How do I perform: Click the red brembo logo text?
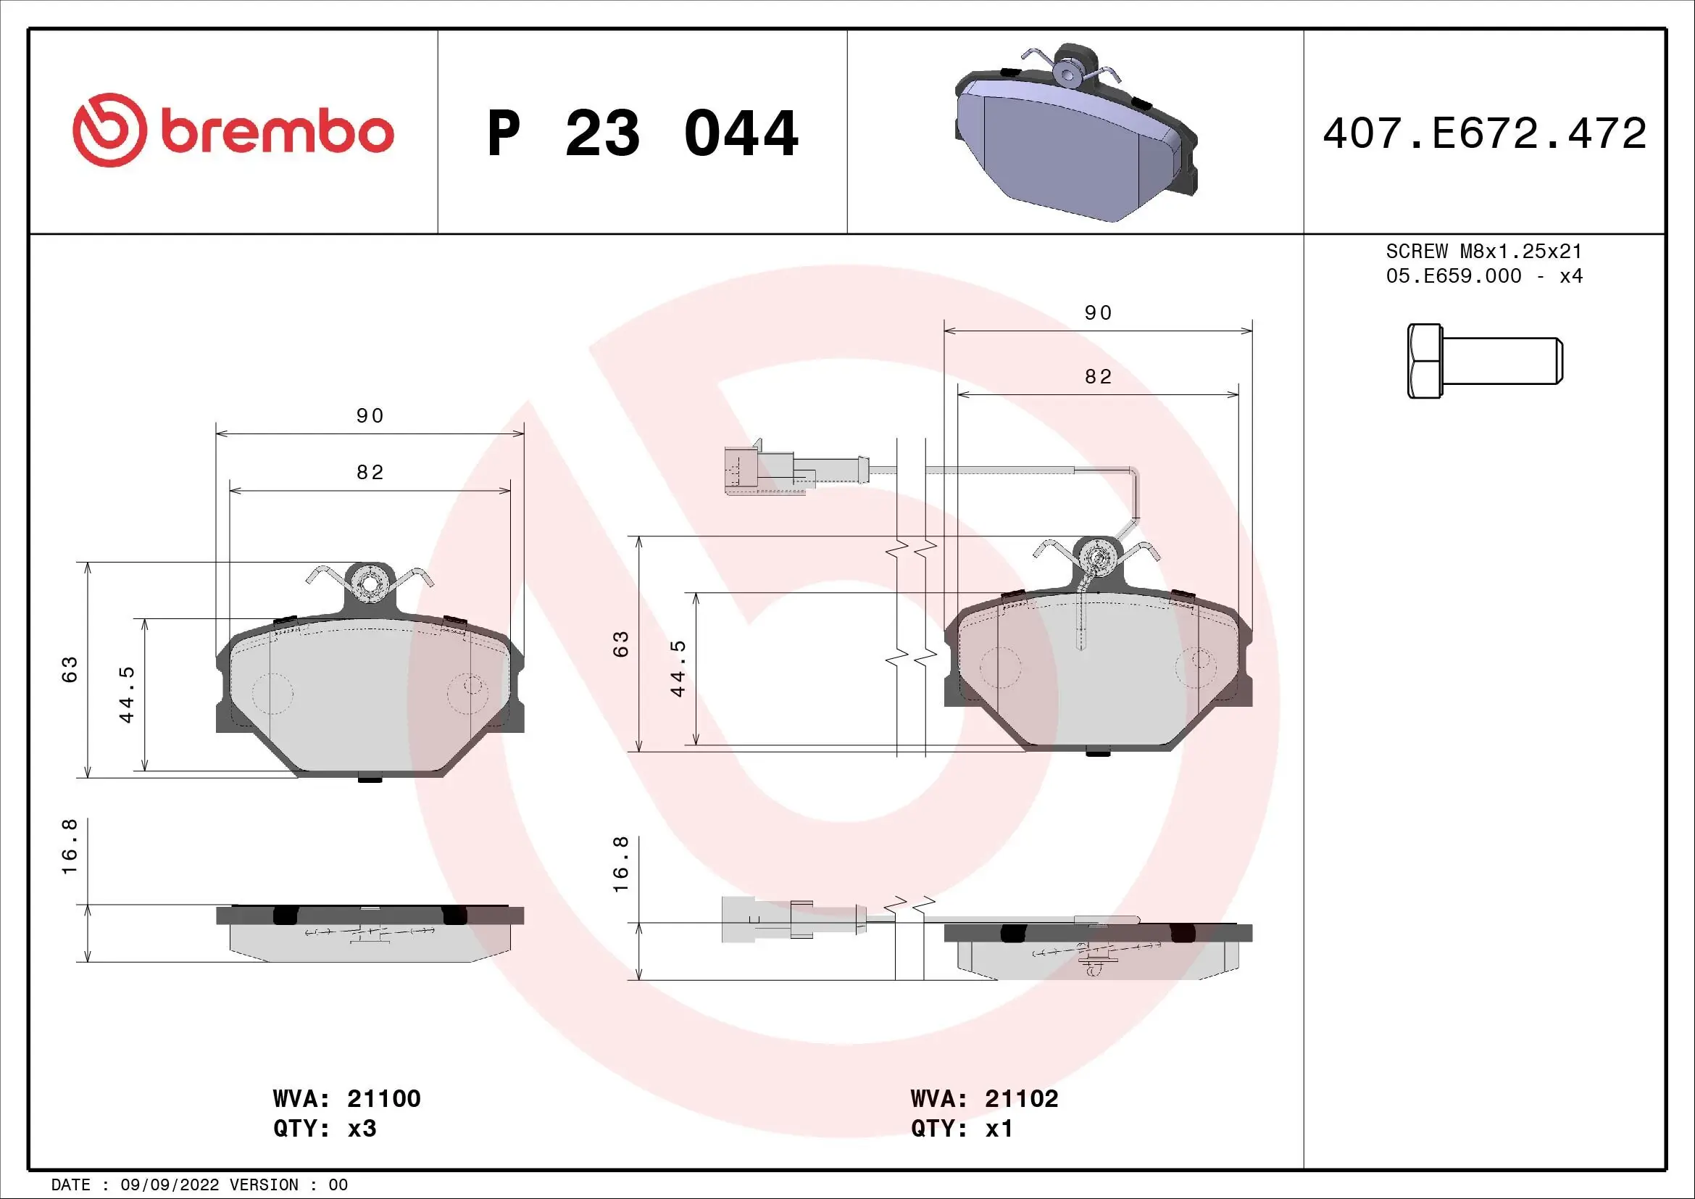tap(278, 133)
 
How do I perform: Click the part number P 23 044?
tap(642, 133)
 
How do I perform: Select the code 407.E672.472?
tap(1484, 133)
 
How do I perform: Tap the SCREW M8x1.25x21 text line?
tap(1484, 251)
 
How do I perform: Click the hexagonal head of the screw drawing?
tap(1424, 362)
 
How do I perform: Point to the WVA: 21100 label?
tap(346, 1098)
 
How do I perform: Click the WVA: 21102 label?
tap(984, 1098)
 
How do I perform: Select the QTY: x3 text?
tap(325, 1129)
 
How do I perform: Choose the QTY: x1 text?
tap(961, 1129)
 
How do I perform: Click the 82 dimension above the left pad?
tap(370, 473)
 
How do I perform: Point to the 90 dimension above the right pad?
tap(1098, 313)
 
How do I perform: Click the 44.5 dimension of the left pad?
tap(127, 694)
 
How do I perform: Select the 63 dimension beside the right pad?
tap(622, 644)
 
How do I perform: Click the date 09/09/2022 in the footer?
tap(169, 1185)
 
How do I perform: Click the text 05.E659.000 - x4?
tap(1484, 276)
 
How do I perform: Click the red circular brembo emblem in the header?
tap(107, 130)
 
